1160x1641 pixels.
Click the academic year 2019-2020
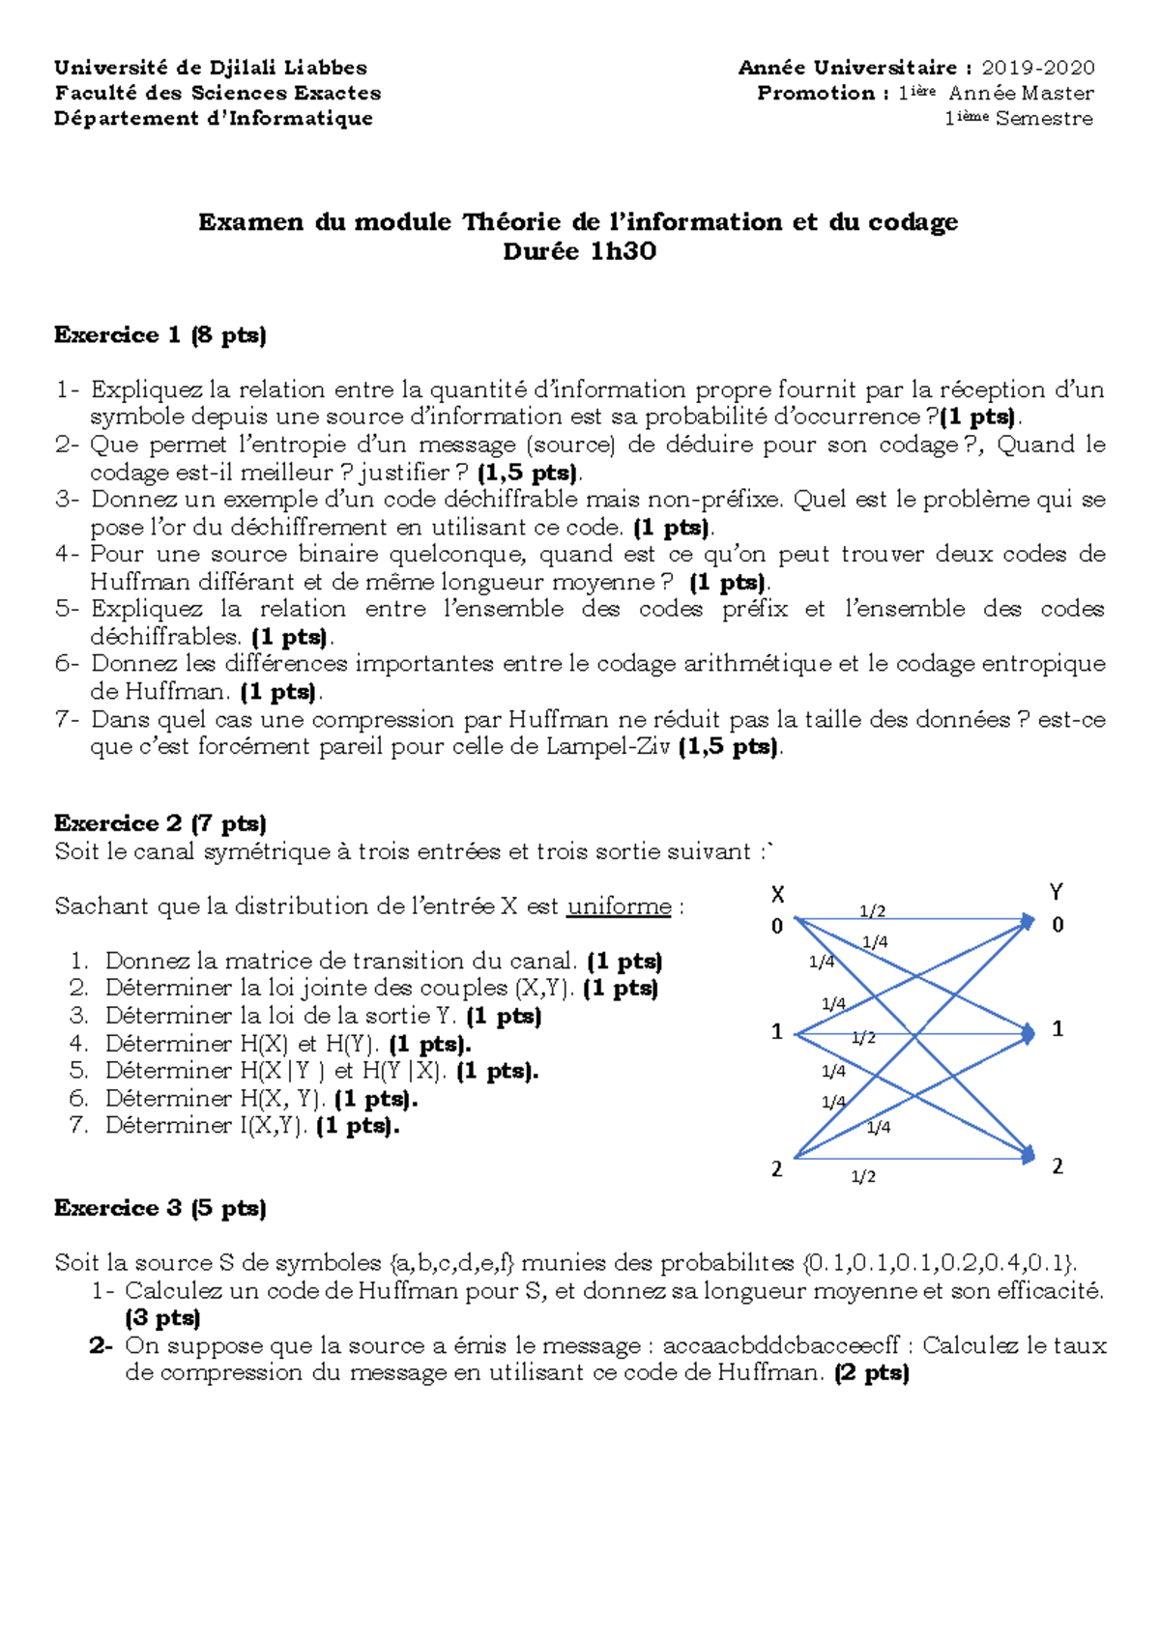pyautogui.click(x=1037, y=68)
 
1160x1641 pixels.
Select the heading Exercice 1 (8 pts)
pyautogui.click(x=160, y=335)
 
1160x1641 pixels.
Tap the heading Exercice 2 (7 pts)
pyautogui.click(x=160, y=823)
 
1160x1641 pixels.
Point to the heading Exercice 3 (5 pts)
pyautogui.click(x=160, y=1208)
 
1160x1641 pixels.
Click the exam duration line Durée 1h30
pyautogui.click(x=579, y=252)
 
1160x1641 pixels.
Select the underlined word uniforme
pyautogui.click(x=619, y=907)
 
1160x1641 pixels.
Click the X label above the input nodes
pyautogui.click(x=777, y=894)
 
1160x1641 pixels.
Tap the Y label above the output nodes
pyautogui.click(x=1056, y=892)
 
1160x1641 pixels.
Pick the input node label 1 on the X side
pyautogui.click(x=776, y=1032)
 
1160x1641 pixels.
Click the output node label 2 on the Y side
pyautogui.click(x=1058, y=1166)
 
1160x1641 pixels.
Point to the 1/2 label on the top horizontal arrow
pyautogui.click(x=872, y=910)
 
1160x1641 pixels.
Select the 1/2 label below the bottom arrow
pyautogui.click(x=863, y=1176)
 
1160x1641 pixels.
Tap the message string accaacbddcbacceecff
pyautogui.click(x=781, y=1346)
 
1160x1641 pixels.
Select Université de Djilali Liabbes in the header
pyautogui.click(x=211, y=68)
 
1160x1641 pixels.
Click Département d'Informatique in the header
pyautogui.click(x=214, y=119)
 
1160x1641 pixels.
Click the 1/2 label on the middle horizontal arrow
pyautogui.click(x=863, y=1038)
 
